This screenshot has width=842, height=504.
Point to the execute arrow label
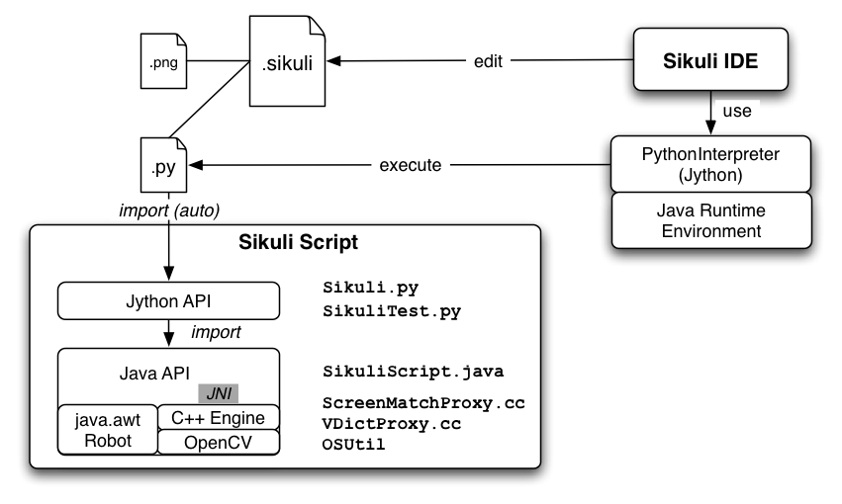point(410,164)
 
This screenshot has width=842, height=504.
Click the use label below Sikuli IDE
point(736,111)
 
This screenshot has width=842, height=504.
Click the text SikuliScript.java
point(414,373)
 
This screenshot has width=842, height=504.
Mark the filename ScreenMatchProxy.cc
point(423,404)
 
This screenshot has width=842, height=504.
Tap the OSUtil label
point(354,445)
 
